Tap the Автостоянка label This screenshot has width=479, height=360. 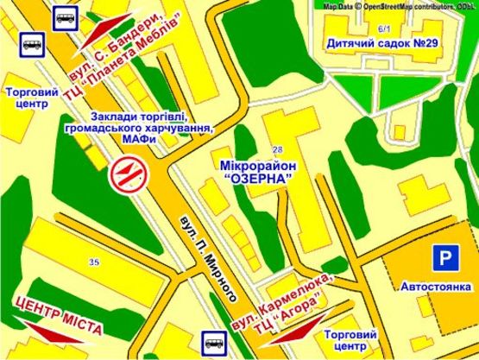click(435, 286)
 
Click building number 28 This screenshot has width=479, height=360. click(277, 149)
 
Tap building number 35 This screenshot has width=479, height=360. click(93, 260)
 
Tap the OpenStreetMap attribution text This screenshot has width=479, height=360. click(398, 5)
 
